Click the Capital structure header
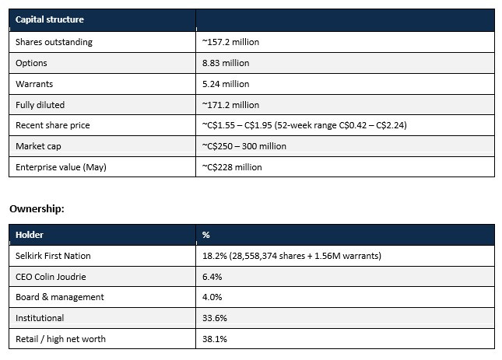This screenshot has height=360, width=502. point(50,19)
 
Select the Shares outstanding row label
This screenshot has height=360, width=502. point(54,42)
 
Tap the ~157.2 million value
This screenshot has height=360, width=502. point(230,42)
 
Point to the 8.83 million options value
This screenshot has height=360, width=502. point(226,63)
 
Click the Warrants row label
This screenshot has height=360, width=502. point(34,84)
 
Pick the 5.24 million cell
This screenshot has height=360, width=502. point(226,84)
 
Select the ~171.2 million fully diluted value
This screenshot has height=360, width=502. point(230,105)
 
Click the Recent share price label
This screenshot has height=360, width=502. point(52,125)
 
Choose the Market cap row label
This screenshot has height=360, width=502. point(38,146)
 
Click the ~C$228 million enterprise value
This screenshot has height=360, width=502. point(232,167)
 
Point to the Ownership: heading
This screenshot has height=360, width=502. point(37,209)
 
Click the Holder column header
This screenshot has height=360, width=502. point(30,235)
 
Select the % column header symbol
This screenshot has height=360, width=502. point(205,235)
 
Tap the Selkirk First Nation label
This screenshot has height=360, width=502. point(53,256)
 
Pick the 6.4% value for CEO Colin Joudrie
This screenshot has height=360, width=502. point(212,277)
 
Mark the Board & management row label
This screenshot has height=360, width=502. point(60,297)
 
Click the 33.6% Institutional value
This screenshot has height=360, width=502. point(215,318)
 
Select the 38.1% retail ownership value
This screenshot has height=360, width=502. point(215,339)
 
